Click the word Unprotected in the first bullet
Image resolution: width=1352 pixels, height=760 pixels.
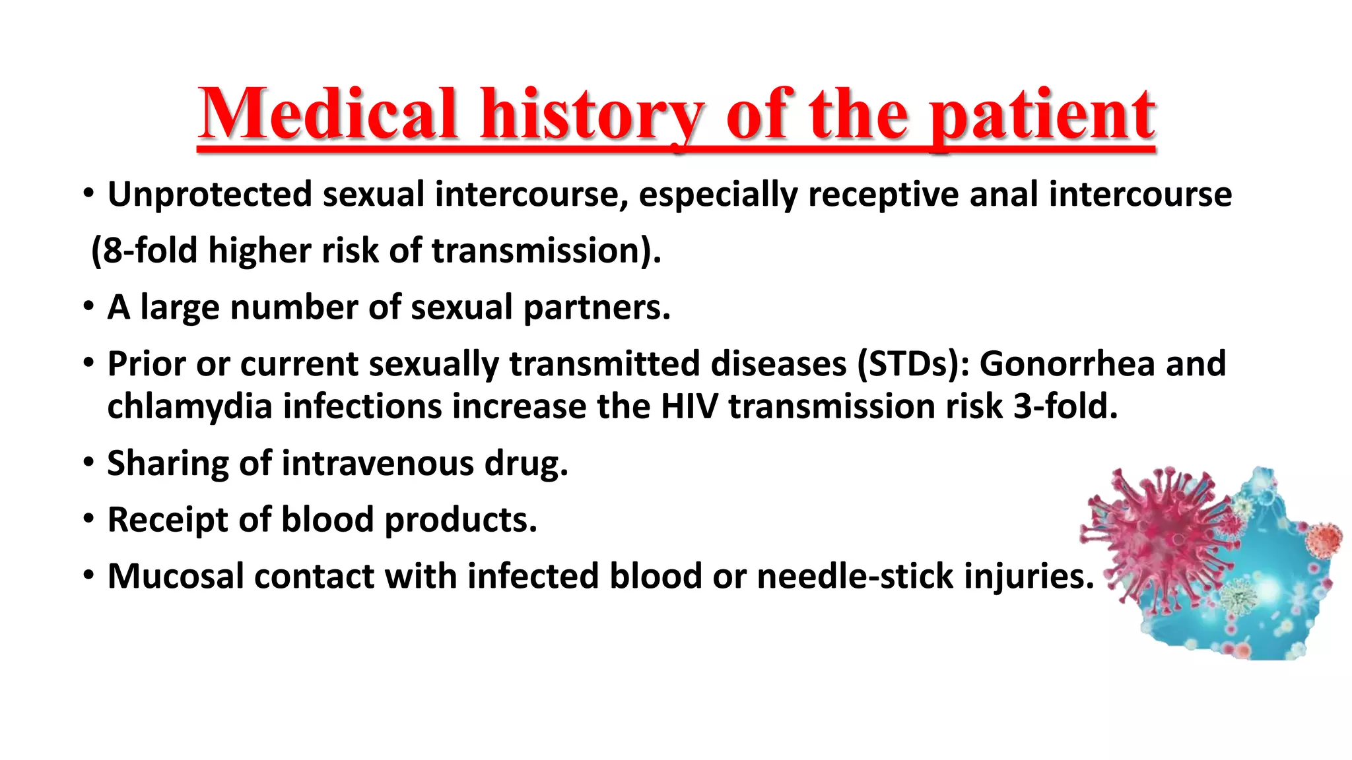[209, 195]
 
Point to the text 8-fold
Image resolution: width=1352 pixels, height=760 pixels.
[151, 251]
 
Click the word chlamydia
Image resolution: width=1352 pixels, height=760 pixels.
[189, 406]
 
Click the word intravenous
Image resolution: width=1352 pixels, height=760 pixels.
[377, 463]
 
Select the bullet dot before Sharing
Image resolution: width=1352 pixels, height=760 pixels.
[88, 463]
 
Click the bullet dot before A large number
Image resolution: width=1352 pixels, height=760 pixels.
[88, 307]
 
